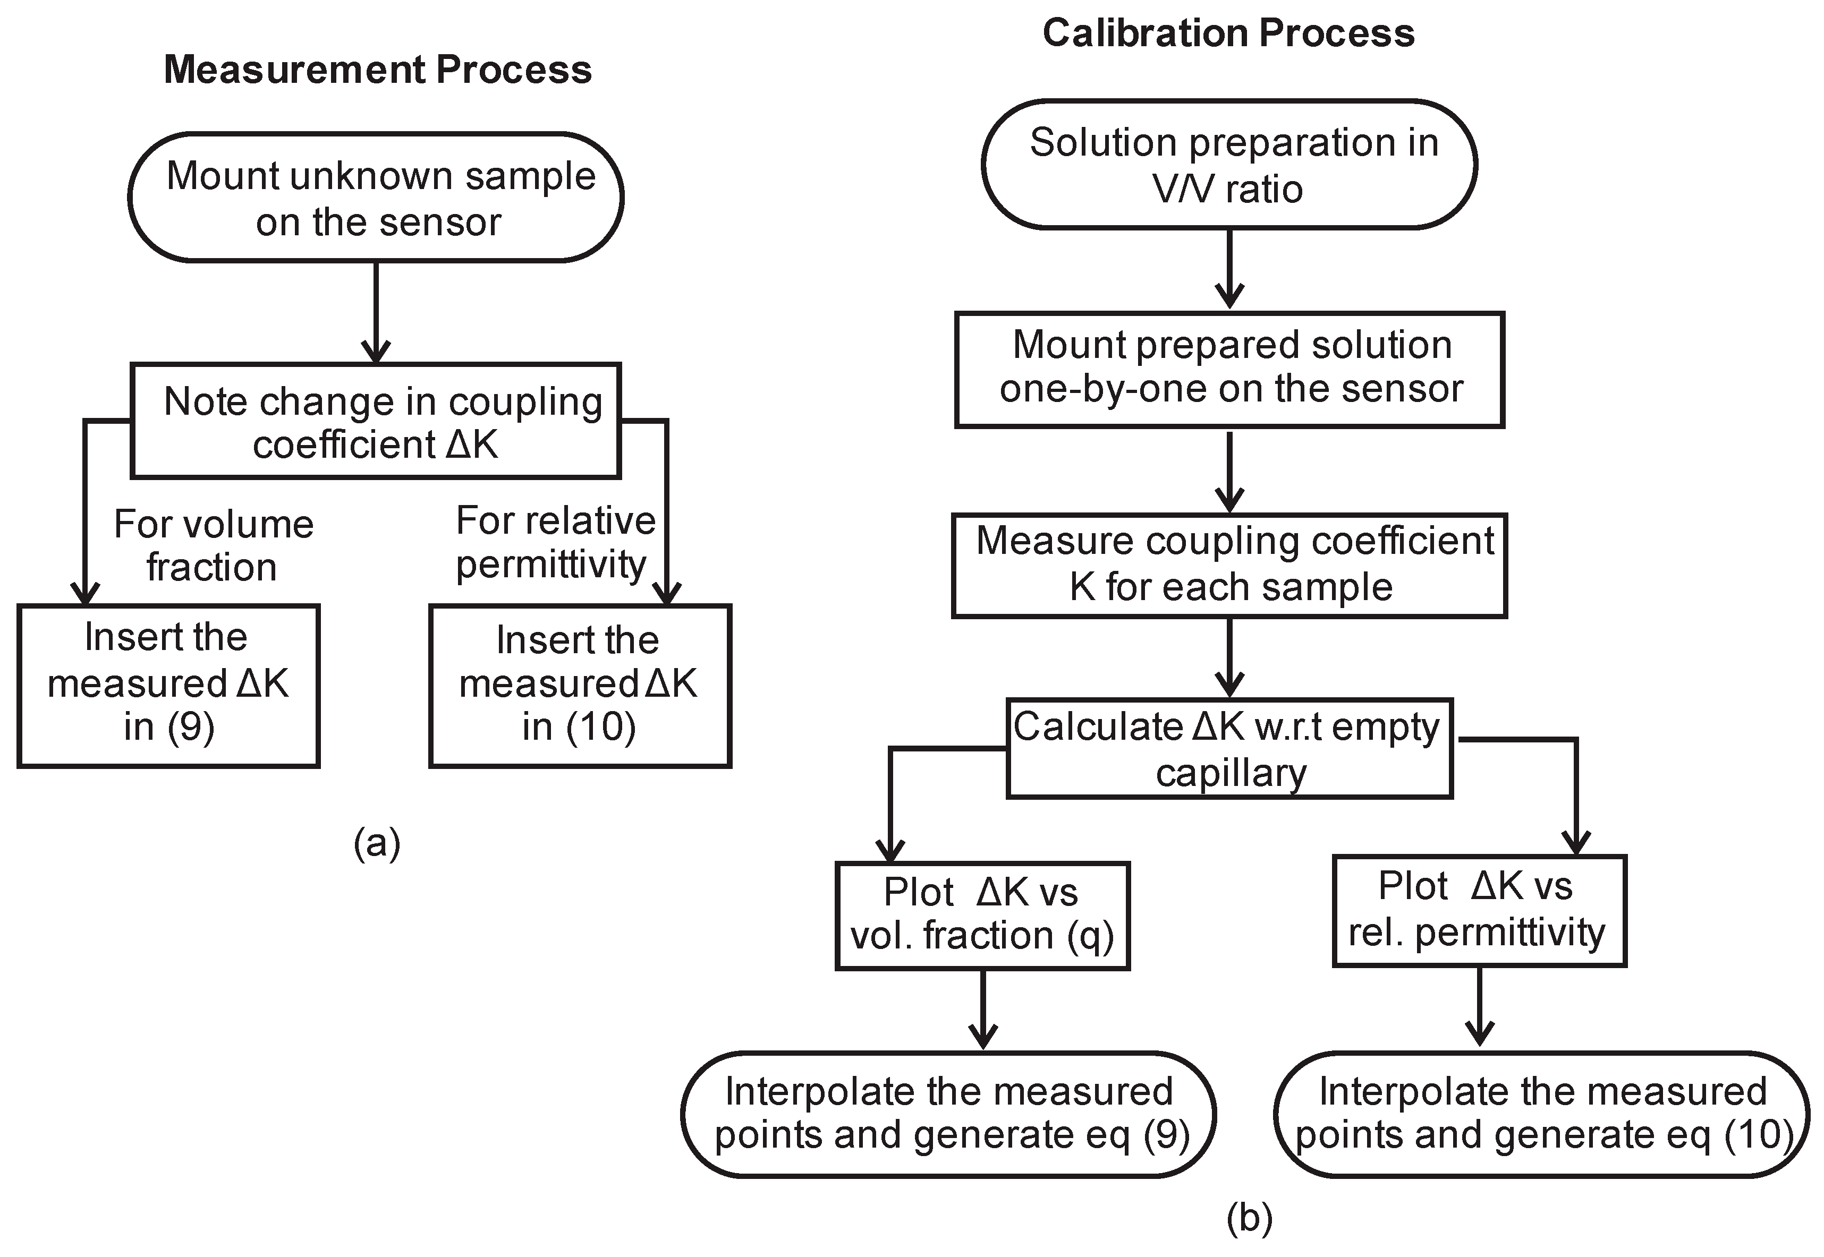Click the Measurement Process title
coord(377,70)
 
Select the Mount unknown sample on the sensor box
coord(376,198)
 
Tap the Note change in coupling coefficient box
coord(376,421)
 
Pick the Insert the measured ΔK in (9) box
coord(168,685)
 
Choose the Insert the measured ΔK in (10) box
coord(580,685)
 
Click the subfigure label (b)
coord(1250,1218)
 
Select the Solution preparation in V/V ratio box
coord(1229,165)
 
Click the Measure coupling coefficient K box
coord(1229,565)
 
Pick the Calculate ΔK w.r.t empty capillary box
coord(1229,748)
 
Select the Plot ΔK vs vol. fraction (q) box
coord(982,915)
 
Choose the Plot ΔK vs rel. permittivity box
coord(1479,910)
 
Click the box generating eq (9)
coord(948,1114)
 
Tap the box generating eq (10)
coord(1541,1114)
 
